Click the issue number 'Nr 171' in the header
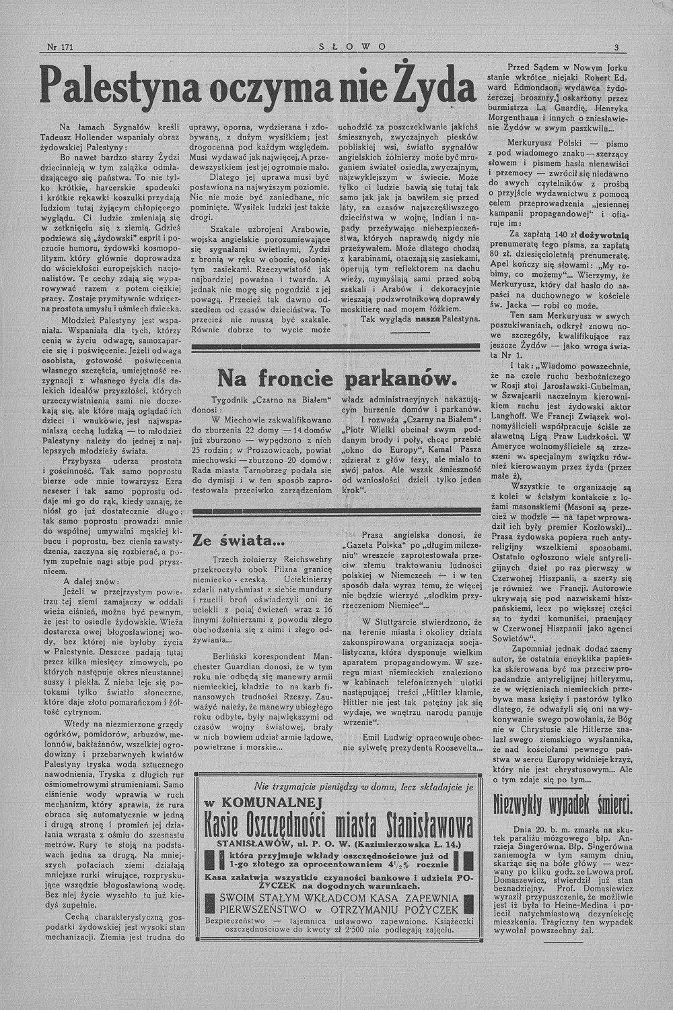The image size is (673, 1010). click(59, 47)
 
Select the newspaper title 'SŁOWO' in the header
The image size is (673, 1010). click(343, 47)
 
